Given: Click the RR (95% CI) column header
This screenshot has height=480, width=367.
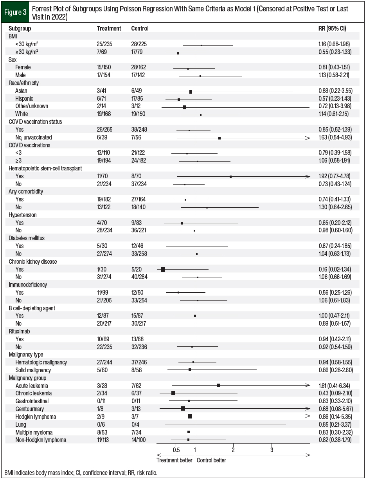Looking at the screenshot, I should [x=332, y=29].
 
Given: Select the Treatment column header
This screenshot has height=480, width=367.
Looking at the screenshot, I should [x=109, y=29].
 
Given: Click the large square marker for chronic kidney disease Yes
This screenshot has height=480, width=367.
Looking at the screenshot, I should [x=163, y=270].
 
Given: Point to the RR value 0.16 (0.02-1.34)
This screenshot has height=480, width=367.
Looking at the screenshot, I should [x=335, y=270].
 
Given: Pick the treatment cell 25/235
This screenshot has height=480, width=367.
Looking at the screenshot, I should [x=104, y=44].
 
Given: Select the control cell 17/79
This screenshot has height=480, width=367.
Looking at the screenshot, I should [x=138, y=52].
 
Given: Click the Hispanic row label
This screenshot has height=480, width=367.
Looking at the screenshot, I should [x=24, y=98].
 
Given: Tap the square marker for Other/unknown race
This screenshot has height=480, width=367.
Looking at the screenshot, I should [x=184, y=107].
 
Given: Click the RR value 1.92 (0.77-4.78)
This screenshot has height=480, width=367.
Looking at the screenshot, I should [x=335, y=176].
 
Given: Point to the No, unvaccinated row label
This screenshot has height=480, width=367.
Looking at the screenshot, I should [x=34, y=137].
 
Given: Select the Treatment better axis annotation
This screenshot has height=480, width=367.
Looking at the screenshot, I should [x=174, y=460].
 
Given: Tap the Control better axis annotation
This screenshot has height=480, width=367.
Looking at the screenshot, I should [x=211, y=460].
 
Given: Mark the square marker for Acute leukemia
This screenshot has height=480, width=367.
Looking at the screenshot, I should [x=218, y=386].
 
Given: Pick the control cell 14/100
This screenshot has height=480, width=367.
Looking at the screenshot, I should [x=140, y=440].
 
